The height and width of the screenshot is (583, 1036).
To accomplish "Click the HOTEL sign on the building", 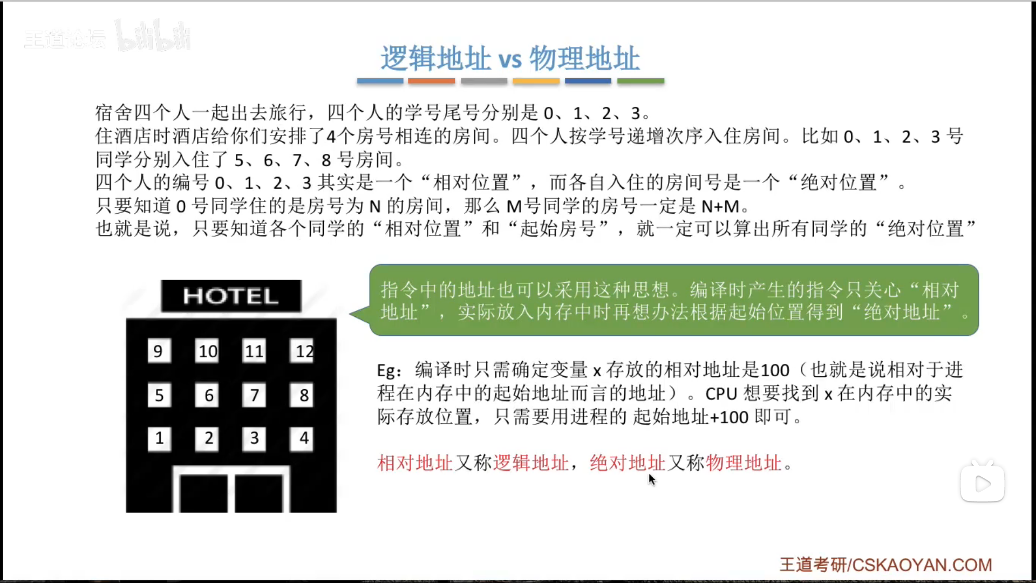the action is [231, 296].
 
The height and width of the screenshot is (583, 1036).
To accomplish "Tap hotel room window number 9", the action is [159, 351].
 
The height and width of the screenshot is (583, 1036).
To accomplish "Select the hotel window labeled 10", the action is [207, 351].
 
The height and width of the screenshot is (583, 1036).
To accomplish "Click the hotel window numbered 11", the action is [254, 351].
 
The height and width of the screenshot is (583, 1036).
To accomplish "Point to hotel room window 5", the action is [159, 395].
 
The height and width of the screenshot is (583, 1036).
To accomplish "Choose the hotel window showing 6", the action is [207, 395].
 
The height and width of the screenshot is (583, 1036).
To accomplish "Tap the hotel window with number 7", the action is [254, 395].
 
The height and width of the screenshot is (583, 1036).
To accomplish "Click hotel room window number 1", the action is [159, 438].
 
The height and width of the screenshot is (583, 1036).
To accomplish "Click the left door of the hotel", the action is [203, 493].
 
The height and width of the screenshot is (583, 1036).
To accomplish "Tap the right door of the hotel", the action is [259, 493].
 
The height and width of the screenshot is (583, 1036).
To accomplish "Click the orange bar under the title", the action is [432, 81].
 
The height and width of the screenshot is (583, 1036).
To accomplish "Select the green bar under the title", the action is [641, 81].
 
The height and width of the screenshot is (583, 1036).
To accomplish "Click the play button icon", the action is [983, 484].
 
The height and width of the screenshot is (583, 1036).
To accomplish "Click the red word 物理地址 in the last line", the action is [744, 463].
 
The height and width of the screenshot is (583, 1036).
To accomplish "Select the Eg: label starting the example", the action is [388, 371].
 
